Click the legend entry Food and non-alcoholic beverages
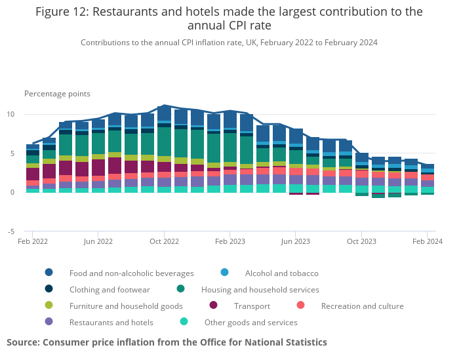click(x=131, y=273)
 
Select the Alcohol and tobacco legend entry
click(x=281, y=273)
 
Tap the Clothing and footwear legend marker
click(x=49, y=289)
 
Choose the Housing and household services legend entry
click(x=260, y=289)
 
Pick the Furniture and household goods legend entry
click(x=126, y=306)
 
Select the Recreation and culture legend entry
click(x=362, y=306)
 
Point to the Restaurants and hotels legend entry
click(x=111, y=322)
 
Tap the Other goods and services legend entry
click(x=250, y=322)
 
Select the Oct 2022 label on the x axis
click(x=164, y=241)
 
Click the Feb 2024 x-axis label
click(x=427, y=241)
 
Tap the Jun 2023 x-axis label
click(x=295, y=241)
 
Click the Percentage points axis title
click(x=57, y=94)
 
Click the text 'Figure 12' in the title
click(x=64, y=12)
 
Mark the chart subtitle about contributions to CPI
click(x=229, y=43)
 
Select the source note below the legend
click(x=167, y=342)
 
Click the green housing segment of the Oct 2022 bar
click(x=164, y=141)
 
